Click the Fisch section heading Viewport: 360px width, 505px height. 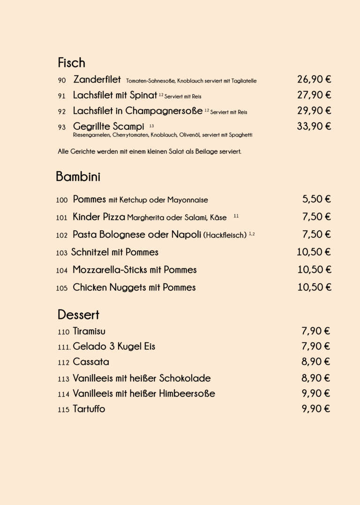(71, 63)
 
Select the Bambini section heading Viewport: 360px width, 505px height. (78, 177)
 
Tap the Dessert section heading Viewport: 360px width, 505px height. (78, 315)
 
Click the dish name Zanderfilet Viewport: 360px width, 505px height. (97, 80)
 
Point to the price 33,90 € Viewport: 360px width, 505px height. (314, 126)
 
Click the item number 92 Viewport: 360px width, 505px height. (62, 112)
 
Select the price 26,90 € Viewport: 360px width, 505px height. (314, 80)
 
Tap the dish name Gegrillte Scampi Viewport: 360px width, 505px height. (108, 127)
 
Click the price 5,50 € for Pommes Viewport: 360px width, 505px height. (316, 199)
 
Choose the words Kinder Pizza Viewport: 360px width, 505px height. (99, 217)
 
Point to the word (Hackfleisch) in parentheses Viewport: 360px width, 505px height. (225, 235)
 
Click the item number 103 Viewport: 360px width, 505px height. (62, 253)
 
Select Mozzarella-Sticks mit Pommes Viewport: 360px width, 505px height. (135, 270)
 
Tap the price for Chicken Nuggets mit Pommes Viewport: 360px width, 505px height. (314, 287)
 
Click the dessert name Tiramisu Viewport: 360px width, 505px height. (89, 332)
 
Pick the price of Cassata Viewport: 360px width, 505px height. (315, 362)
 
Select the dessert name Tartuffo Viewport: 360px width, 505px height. (89, 409)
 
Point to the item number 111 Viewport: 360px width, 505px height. (64, 347)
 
